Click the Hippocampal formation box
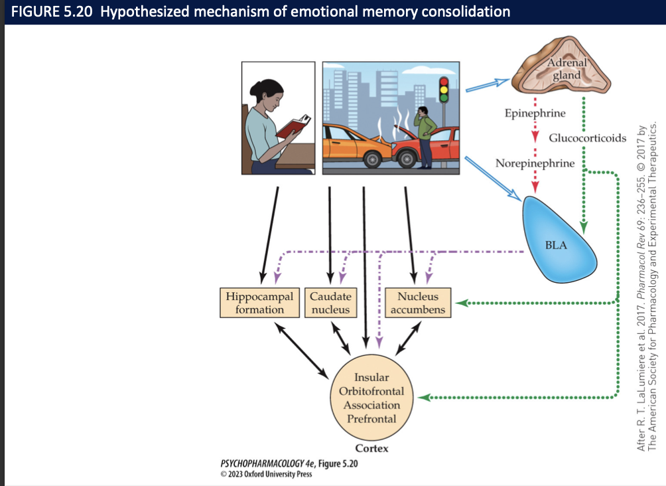(259, 303)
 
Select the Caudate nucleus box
(330, 303)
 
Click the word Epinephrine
(535, 113)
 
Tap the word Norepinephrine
(535, 163)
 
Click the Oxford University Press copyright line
(265, 474)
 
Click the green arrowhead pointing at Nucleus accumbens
(458, 303)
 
